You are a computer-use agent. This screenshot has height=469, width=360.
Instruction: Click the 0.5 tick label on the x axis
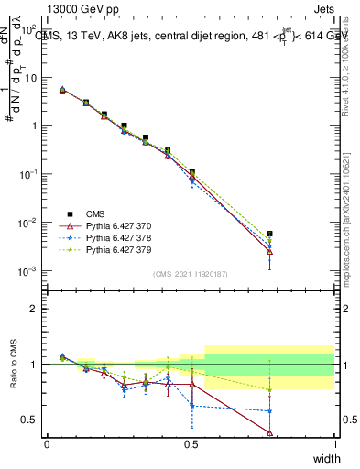pos(191,444)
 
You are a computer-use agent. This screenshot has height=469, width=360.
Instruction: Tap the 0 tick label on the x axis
pos(47,444)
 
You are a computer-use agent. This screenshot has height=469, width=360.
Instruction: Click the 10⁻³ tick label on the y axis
pos(28,271)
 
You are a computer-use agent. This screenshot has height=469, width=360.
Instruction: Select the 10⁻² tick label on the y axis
pos(28,223)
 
